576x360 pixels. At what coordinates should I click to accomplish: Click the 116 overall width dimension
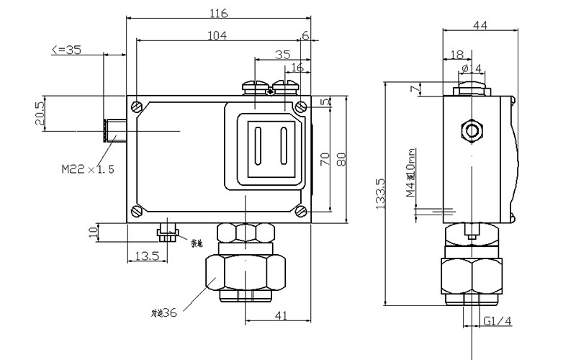pos(220,14)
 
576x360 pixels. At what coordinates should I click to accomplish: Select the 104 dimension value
pos(215,35)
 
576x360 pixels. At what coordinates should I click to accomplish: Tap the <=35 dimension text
pos(66,50)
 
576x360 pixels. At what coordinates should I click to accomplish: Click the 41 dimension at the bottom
pos(282,315)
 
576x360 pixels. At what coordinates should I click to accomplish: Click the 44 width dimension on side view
pos(480,25)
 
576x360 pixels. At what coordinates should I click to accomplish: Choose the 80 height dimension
pos(341,158)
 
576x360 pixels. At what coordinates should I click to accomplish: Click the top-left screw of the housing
pos(136,106)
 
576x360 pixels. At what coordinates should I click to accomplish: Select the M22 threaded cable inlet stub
pos(114,130)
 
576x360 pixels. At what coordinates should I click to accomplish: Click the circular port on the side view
pos(472,131)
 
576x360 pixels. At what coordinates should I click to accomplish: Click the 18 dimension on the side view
pos(456,55)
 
